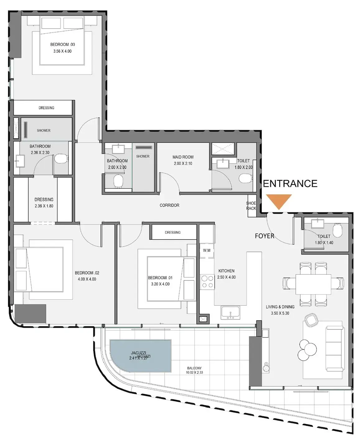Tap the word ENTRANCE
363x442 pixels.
290,184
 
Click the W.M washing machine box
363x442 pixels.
207,251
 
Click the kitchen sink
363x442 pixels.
230,312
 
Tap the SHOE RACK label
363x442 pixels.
251,206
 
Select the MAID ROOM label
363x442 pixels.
183,157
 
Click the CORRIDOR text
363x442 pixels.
169,205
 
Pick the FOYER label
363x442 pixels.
264,236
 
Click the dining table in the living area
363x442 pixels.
313,284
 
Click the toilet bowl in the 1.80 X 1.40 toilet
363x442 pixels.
337,230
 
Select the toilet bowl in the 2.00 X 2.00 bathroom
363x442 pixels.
118,181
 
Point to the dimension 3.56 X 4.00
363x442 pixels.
62,51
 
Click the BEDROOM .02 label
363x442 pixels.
87,273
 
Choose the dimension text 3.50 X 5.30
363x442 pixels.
280,313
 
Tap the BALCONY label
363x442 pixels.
194,368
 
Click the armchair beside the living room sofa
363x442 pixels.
310,320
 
